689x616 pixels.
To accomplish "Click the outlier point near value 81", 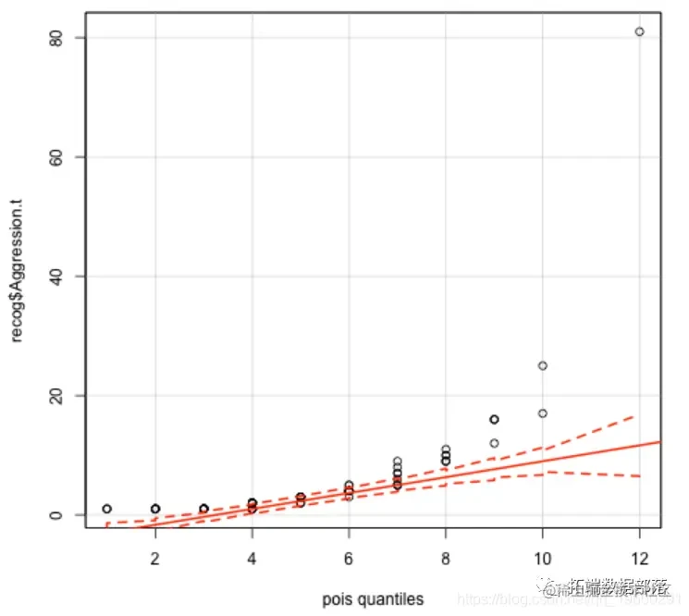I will point(639,31).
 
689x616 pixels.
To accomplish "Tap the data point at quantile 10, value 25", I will point(543,365).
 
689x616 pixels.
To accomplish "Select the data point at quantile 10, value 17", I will point(543,413).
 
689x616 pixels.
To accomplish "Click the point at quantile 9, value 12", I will point(494,443).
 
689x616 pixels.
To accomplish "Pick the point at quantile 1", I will point(107,509).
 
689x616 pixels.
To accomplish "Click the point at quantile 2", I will point(155,509).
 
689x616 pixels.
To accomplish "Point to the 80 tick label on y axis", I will point(62,37).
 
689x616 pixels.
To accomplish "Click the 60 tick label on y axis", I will point(62,156).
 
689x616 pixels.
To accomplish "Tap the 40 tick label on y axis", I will point(62,276).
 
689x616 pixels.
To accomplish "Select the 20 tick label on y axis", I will point(62,395).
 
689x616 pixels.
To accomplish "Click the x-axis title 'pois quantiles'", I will point(373,599).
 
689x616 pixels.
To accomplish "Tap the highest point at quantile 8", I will point(446,450).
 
